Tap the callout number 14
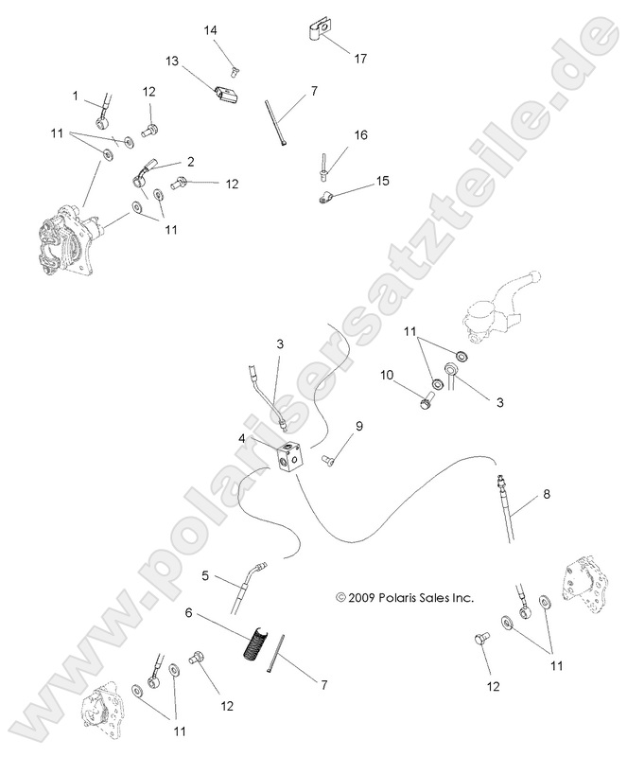(211, 30)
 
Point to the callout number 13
(171, 61)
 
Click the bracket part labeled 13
(225, 97)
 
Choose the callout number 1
(75, 96)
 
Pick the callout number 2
(190, 162)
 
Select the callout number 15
(356, 180)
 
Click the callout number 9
(358, 427)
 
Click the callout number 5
(204, 574)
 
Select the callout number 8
(545, 494)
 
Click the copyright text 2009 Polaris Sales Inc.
(405, 598)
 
